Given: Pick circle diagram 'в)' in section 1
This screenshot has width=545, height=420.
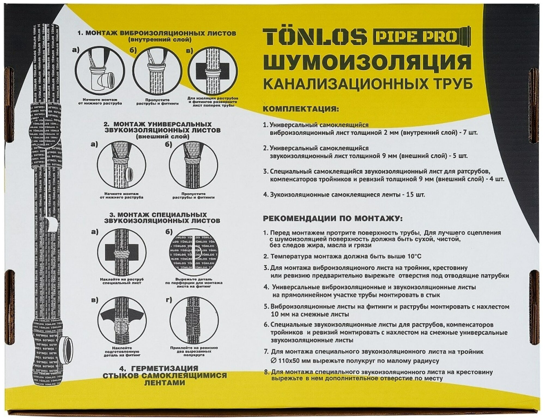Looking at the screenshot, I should (213, 71).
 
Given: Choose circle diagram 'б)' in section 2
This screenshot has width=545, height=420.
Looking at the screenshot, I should (193, 165).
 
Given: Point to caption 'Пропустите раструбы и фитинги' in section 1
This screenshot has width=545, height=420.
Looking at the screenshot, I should (157, 102).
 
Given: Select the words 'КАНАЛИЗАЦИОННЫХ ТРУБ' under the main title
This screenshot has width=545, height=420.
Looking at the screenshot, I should (368, 84).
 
